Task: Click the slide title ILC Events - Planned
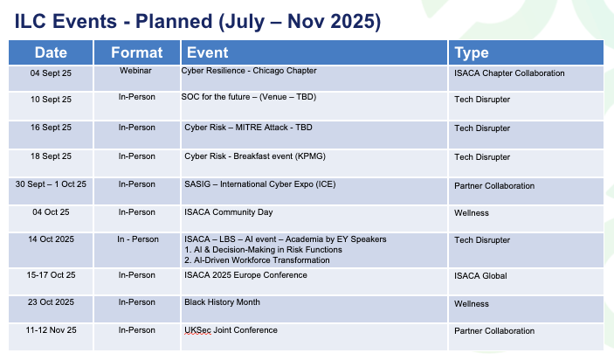[x=197, y=21]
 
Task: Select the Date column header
[x=51, y=52]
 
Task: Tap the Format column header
[x=136, y=52]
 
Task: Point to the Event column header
[x=207, y=52]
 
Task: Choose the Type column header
[x=472, y=53]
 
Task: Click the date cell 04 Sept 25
[x=51, y=73]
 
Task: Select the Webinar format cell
[x=136, y=71]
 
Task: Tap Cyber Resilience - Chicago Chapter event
[x=249, y=71]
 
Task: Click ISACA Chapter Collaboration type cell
[x=509, y=73]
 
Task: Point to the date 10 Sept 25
[x=51, y=100]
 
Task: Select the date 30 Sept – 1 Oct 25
[x=51, y=184]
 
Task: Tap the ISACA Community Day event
[x=229, y=212]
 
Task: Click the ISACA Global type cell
[x=480, y=276]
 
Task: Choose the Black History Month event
[x=222, y=302]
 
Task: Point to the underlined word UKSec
[x=197, y=330]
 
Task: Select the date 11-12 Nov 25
[x=51, y=330]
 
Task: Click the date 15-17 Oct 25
[x=51, y=275]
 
